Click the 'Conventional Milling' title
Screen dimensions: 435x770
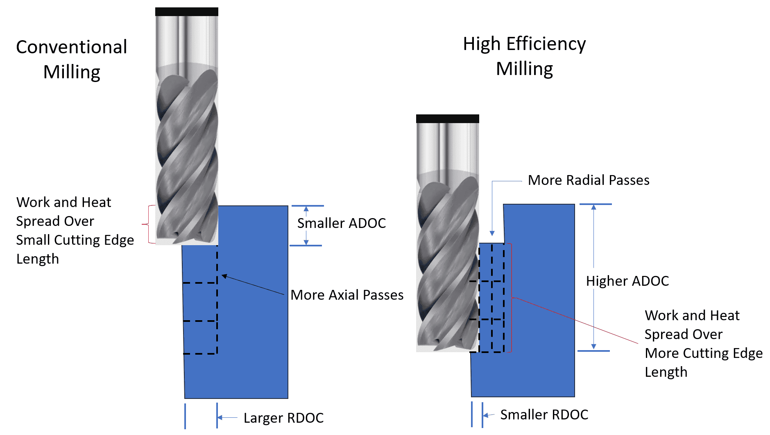[72, 59]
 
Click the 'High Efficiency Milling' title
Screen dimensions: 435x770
[524, 56]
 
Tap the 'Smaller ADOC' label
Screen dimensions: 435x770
[341, 223]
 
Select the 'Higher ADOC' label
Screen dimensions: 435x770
[627, 281]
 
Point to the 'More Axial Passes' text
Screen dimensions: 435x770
[347, 295]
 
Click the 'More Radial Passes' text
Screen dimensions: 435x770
[588, 180]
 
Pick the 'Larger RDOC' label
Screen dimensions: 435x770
[283, 418]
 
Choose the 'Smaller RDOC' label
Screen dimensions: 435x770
[544, 415]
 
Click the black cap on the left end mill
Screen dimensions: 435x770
[186, 11]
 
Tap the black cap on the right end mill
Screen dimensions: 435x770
[447, 118]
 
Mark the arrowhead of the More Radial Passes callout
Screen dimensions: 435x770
[492, 233]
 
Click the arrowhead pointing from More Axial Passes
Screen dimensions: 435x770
[224, 276]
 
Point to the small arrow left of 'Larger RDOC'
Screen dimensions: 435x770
[220, 418]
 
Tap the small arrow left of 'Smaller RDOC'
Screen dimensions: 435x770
[486, 415]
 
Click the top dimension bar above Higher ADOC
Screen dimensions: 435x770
[595, 204]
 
